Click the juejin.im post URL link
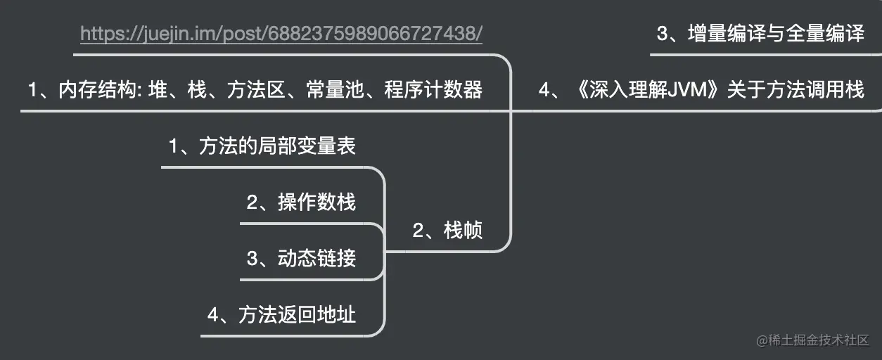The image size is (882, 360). (281, 34)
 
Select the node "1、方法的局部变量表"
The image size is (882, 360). (262, 146)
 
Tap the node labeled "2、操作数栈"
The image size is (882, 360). (301, 202)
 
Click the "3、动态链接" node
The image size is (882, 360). (301, 259)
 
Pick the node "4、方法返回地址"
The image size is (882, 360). (281, 314)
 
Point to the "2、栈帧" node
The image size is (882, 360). (447, 231)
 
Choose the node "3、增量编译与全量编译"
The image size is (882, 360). (760, 34)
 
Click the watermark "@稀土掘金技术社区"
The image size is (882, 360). (813, 341)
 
